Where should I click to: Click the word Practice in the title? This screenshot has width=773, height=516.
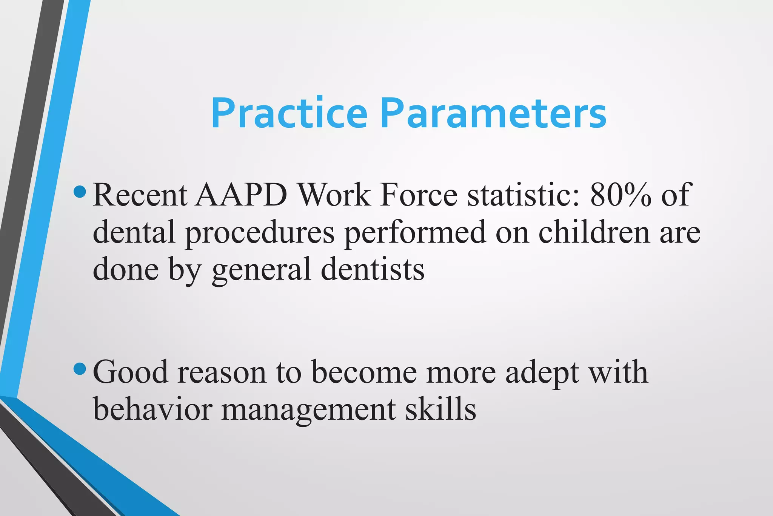tap(289, 114)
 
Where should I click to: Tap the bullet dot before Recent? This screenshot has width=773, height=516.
tap(80, 192)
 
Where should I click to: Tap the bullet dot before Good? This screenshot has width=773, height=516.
tap(80, 369)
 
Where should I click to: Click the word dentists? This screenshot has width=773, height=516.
tap(373, 269)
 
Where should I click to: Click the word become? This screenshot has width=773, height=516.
tap(364, 372)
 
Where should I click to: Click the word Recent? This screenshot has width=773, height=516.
tap(140, 195)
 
